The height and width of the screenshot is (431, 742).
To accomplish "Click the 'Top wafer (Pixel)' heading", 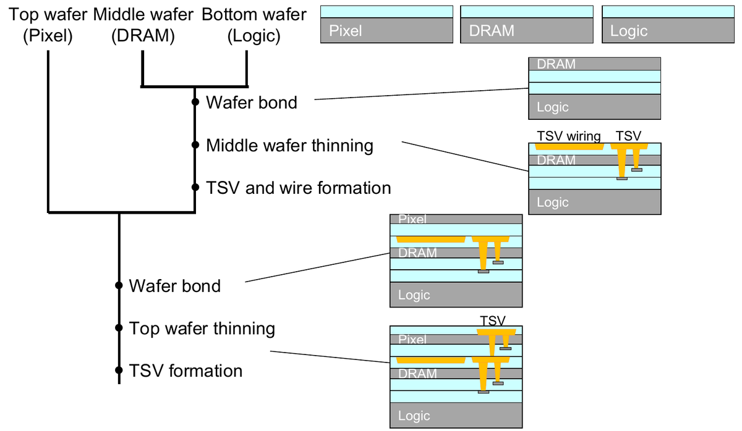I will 48,25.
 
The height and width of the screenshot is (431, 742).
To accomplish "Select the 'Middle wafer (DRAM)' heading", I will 143,25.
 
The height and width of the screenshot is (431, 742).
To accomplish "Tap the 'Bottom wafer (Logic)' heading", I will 254,25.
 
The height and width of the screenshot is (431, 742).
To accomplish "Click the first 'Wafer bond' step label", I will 251,102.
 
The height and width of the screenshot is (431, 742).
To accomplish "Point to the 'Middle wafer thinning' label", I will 289,146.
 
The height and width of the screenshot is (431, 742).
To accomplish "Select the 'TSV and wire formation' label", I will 298,187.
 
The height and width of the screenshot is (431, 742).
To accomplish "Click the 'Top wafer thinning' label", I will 202,328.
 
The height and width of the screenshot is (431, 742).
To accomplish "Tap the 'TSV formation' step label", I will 185,370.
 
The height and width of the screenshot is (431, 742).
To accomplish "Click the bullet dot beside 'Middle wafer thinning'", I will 195,146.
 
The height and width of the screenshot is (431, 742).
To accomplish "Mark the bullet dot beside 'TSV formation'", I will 119,371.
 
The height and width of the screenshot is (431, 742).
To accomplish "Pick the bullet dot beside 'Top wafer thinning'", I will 119,328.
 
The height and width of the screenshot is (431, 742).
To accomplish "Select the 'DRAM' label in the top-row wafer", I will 492,31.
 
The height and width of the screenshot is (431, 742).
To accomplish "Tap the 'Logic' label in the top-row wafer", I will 628,31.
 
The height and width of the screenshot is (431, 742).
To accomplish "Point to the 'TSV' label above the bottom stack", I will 493,320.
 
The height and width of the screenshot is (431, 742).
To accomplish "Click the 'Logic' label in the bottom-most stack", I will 414,416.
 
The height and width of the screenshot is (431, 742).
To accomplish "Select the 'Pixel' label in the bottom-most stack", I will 412,339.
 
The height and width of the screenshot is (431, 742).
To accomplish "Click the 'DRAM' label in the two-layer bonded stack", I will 556,64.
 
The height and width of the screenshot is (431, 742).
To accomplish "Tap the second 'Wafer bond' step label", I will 174,286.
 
